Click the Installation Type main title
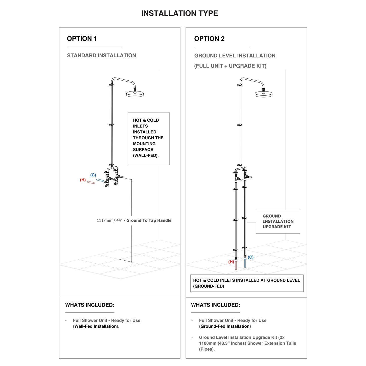coord(179,13)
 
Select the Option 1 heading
coord(82,39)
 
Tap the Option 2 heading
coord(209,39)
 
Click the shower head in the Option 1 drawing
coord(135,94)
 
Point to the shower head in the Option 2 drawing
coord(263,94)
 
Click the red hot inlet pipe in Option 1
coord(91,182)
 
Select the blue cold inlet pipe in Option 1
coord(100,180)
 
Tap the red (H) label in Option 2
coord(231,262)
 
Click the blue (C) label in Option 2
coord(250,257)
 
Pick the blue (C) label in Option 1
coord(93,175)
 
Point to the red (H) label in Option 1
coord(83,180)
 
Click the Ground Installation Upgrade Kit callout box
coord(278,221)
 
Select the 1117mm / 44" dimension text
coord(134,220)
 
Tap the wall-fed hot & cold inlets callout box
coord(148,139)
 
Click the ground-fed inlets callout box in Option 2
coord(247,283)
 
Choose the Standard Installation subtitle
coord(101,55)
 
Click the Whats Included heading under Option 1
coord(90,305)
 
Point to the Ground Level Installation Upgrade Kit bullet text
coord(247,343)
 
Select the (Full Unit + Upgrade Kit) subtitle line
coord(230,66)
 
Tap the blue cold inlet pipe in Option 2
coord(245,263)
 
